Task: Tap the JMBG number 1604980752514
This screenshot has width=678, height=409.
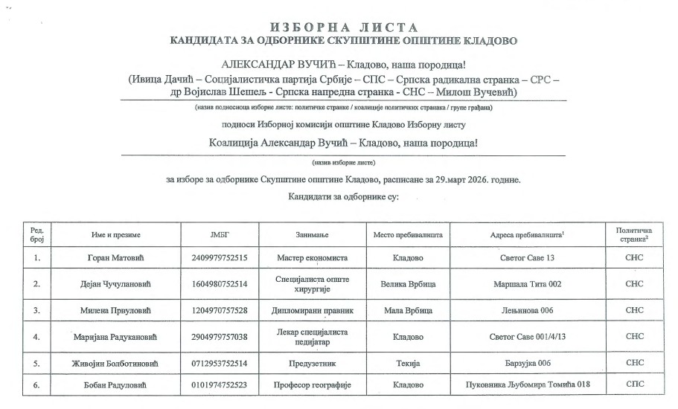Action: tap(220, 284)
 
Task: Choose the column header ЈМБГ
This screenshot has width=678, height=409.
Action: tap(220, 235)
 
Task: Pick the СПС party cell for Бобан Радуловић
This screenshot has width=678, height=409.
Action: tap(634, 385)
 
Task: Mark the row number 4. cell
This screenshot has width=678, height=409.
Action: tap(36, 337)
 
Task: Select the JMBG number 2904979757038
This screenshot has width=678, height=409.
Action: tap(220, 337)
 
